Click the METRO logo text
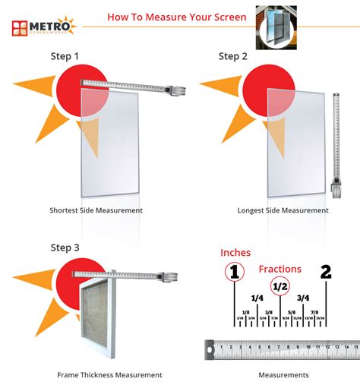click(52, 26)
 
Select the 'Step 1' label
click(65, 56)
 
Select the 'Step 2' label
click(233, 56)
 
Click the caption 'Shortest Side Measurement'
click(96, 210)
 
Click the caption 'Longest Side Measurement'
click(283, 210)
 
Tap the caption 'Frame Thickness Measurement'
click(109, 375)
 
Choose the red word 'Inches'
click(235, 252)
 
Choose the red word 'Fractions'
click(279, 269)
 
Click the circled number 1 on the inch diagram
click(235, 273)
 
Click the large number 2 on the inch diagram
click(327, 273)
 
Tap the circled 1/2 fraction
click(280, 286)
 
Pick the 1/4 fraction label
click(257, 298)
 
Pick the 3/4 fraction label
click(303, 298)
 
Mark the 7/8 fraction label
click(314, 312)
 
